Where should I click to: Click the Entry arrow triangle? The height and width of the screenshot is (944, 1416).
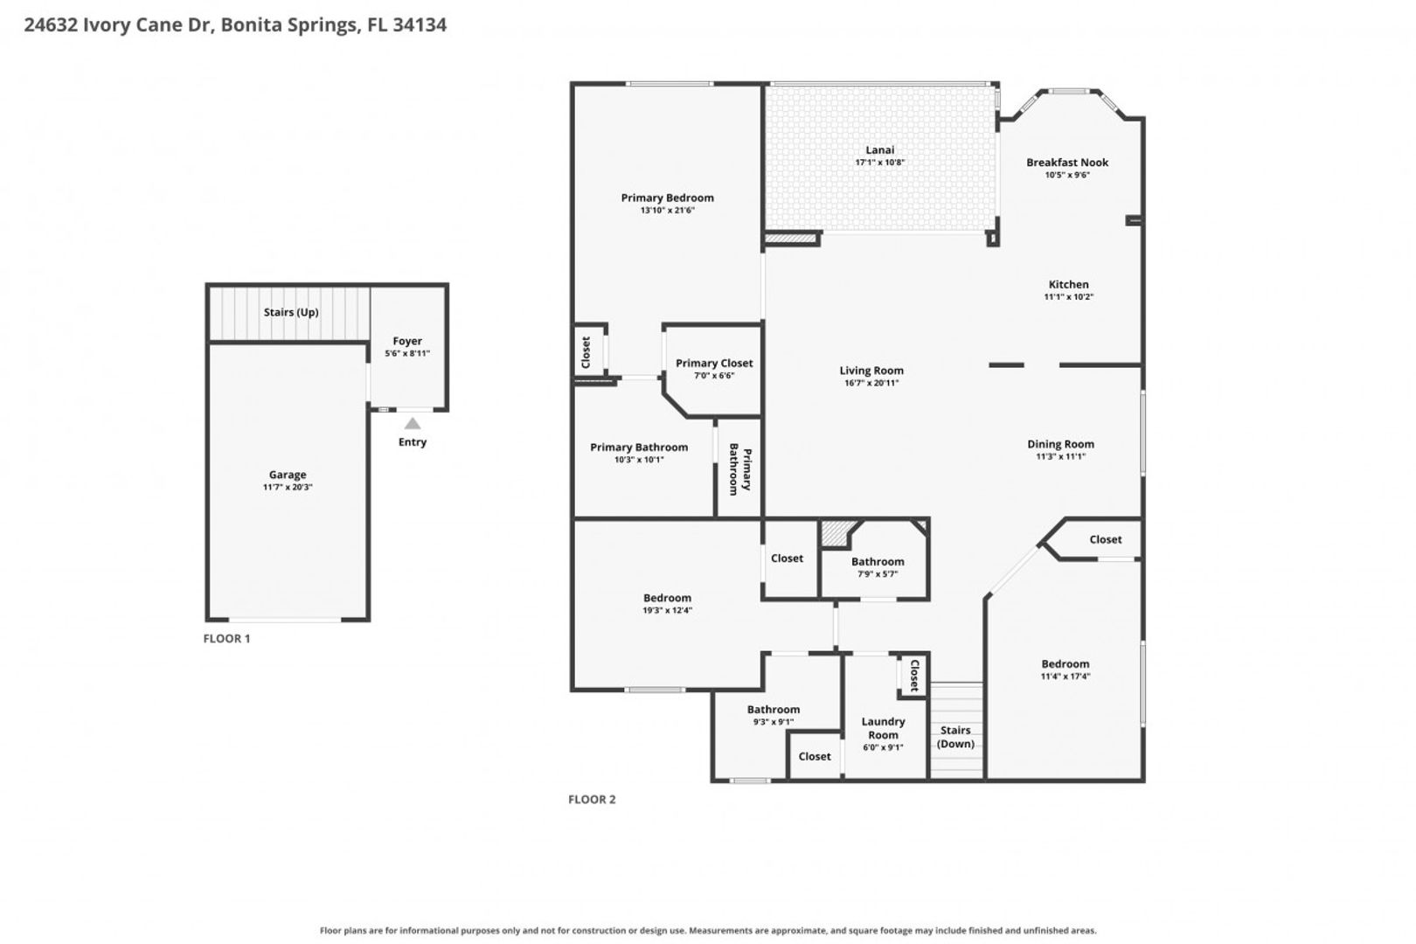tap(413, 424)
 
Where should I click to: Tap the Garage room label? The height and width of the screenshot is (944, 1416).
tap(288, 475)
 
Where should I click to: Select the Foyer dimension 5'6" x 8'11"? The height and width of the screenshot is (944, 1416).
tap(407, 353)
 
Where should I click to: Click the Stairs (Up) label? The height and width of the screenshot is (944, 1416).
tap(291, 312)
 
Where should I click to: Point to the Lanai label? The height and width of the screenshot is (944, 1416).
tap(880, 149)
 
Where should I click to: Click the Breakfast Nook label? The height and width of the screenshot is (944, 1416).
tap(1067, 163)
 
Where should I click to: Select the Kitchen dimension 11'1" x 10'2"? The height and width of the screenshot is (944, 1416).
tap(1068, 296)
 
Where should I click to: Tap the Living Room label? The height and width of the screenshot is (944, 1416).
tap(871, 371)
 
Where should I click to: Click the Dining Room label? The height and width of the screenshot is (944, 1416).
tap(1060, 445)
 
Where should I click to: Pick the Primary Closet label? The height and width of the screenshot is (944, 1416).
tap(714, 363)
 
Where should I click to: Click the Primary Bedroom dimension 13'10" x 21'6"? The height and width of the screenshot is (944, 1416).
tap(667, 211)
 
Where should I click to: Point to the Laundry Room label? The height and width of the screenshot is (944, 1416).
tap(883, 728)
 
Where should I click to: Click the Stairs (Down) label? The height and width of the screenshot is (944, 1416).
tap(955, 737)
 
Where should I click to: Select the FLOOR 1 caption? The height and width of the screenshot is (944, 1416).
tap(226, 639)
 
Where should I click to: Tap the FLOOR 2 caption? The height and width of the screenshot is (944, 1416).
tap(592, 799)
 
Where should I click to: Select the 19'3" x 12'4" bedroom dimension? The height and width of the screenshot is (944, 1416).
tap(667, 611)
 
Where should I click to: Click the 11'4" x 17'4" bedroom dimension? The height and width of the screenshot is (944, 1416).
tap(1065, 677)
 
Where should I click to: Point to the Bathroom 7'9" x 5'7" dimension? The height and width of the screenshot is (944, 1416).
tap(878, 574)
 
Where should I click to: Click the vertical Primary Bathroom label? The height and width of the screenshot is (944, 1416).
tap(740, 469)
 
